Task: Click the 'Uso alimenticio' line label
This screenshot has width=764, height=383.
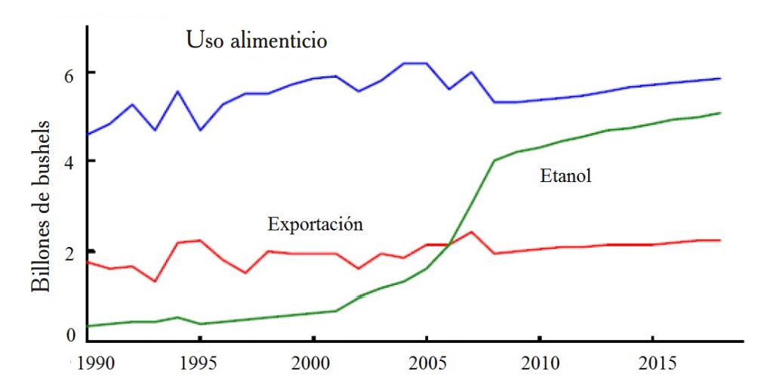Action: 257,40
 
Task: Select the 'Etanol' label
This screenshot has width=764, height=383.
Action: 565,177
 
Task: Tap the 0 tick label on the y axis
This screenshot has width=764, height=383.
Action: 70,335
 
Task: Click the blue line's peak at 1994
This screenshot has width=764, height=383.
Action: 177,91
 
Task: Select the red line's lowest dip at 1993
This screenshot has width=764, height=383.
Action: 155,281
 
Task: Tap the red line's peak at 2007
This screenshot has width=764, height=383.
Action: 471,232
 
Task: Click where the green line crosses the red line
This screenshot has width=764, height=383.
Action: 450,244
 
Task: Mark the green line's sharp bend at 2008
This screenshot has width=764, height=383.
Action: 494,160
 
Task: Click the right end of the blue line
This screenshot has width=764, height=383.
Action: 720,78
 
